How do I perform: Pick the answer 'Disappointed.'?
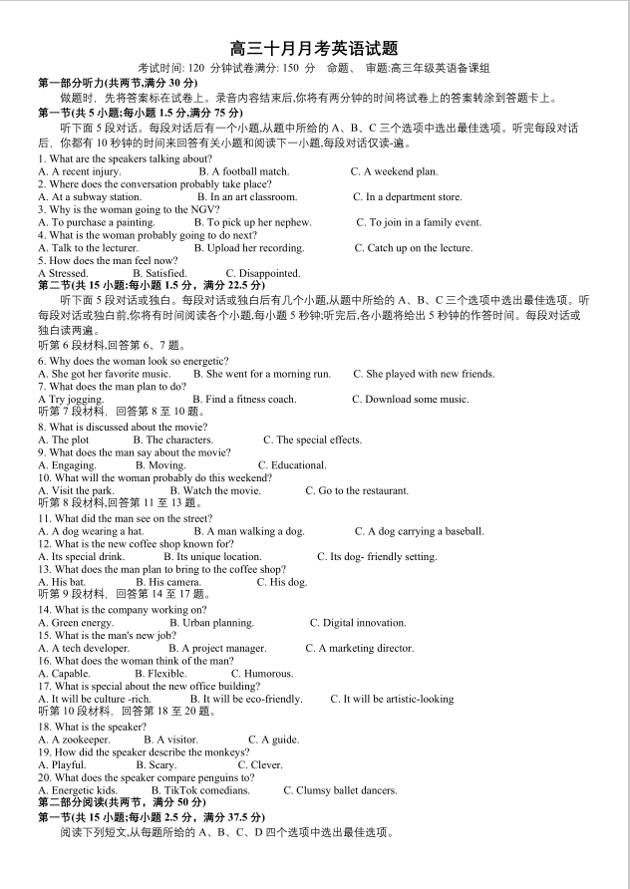coord(262,273)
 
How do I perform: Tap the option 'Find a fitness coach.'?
coord(243,400)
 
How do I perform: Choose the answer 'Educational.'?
coord(292,465)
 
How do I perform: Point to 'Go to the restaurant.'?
coord(356,491)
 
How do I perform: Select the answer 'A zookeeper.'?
coord(74,740)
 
